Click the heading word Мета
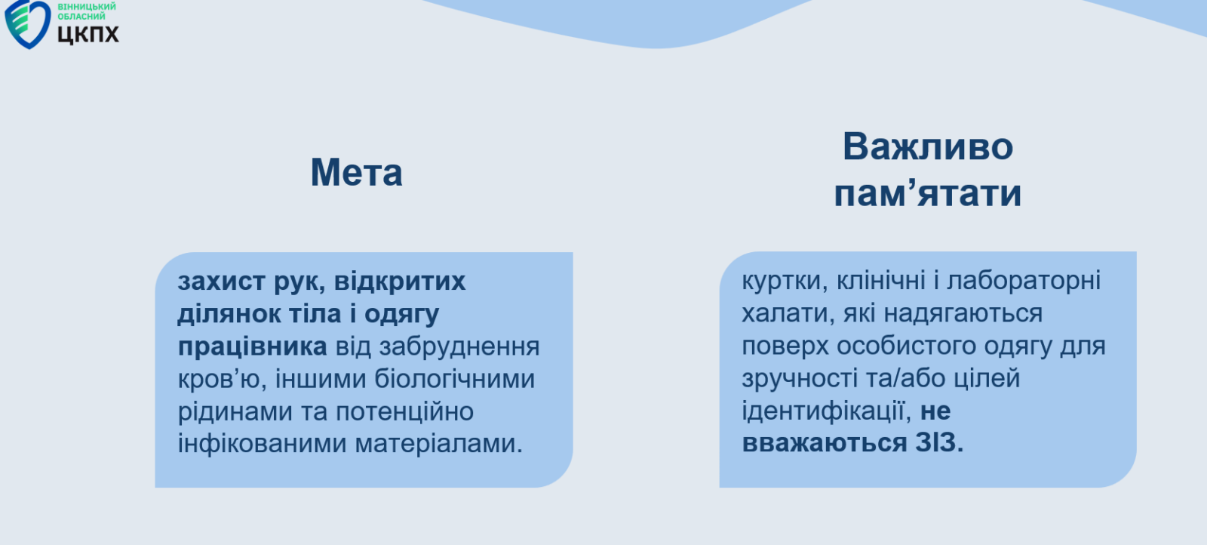[x=356, y=173]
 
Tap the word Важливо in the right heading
[x=928, y=146]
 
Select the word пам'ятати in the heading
[x=927, y=193]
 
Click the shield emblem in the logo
[x=27, y=24]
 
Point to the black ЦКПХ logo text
[x=88, y=34]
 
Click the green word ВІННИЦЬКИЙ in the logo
[x=87, y=7]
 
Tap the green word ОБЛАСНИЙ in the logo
[x=81, y=17]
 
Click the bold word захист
[x=222, y=282]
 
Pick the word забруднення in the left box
[x=459, y=346]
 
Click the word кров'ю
[x=223, y=380]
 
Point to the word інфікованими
[x=262, y=444]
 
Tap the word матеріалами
[x=438, y=444]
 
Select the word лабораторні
[x=1024, y=281]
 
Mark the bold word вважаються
[x=825, y=443]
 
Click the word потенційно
[x=404, y=412]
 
